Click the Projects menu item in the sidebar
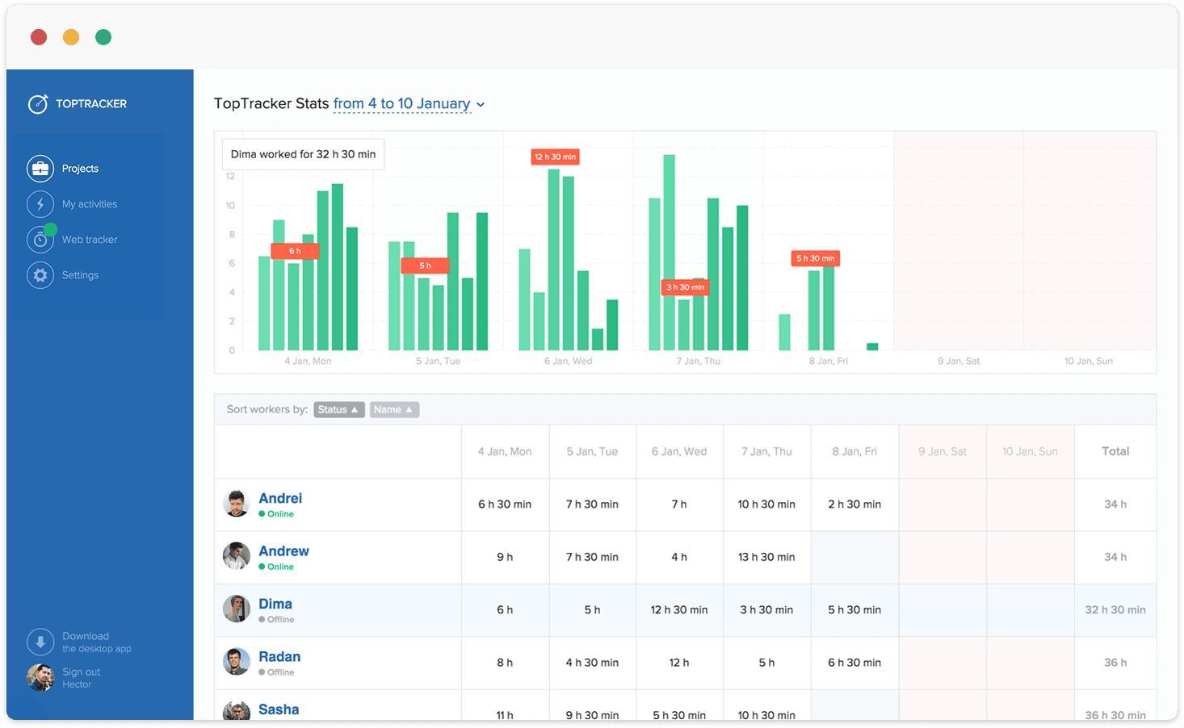[80, 169]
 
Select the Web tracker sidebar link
[90, 240]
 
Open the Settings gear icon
[40, 275]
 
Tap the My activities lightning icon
[40, 204]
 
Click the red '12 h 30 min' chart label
[555, 157]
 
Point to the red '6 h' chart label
[295, 251]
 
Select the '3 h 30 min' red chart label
[685, 287]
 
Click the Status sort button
[338, 410]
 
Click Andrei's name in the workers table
[280, 498]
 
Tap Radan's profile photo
[237, 662]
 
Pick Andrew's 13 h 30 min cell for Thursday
[766, 557]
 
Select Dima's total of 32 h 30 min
[1115, 610]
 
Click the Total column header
[1115, 451]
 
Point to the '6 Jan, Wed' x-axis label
[568, 361]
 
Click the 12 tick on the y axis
[230, 176]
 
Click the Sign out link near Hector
[82, 672]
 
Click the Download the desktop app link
[96, 642]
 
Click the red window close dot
[39, 37]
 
